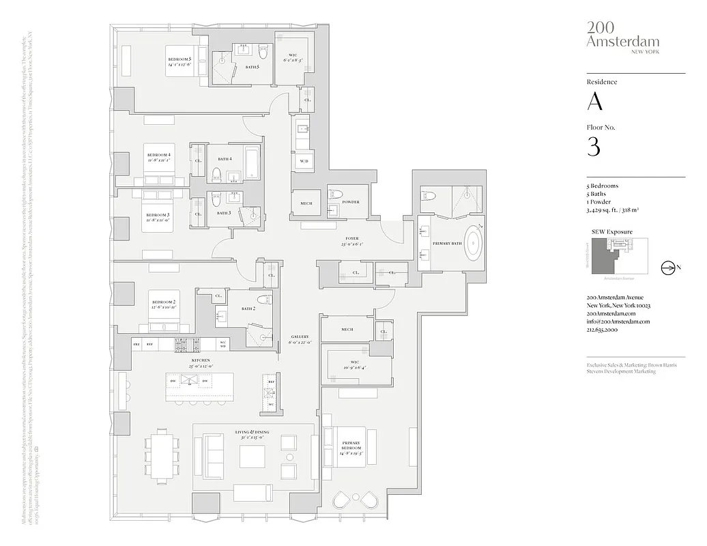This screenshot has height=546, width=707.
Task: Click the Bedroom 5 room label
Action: tap(179, 60)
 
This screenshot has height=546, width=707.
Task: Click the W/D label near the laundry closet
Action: tap(304, 161)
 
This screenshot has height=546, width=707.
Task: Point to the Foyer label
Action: tap(351, 239)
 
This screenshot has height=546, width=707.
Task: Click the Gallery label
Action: tap(300, 336)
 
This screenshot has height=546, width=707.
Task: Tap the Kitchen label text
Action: tap(200, 360)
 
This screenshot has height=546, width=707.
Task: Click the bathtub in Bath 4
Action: tap(251, 163)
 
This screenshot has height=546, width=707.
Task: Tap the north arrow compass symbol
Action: tap(667, 268)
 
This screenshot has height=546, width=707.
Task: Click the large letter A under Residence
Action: tap(595, 102)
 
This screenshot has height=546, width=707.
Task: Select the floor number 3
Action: tap(594, 146)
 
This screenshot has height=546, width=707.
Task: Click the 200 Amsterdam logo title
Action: tap(611, 33)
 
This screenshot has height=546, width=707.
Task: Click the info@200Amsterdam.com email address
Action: tap(618, 321)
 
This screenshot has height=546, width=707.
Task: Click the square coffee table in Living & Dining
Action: tap(252, 457)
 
